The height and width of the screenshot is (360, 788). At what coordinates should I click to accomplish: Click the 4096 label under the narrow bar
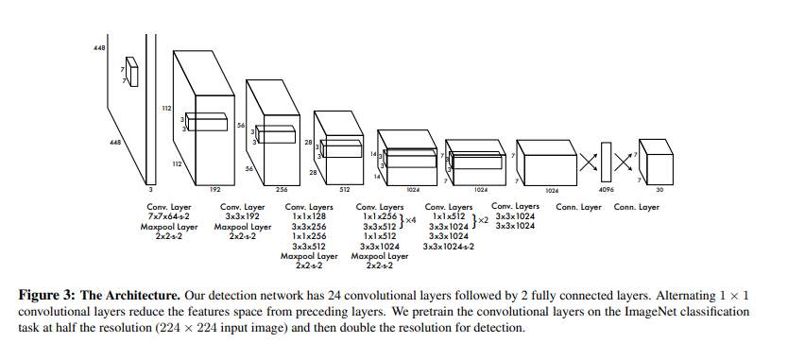click(x=606, y=190)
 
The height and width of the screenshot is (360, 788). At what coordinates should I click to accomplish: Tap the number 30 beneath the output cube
click(x=660, y=190)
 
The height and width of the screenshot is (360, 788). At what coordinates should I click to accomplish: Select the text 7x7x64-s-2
click(x=169, y=216)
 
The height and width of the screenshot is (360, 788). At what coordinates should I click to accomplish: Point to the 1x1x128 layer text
click(x=309, y=216)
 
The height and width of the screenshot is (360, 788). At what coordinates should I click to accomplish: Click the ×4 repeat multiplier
click(x=411, y=220)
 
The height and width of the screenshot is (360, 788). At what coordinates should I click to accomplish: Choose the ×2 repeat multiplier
click(x=483, y=220)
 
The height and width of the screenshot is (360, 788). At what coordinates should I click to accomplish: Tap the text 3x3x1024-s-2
click(x=449, y=247)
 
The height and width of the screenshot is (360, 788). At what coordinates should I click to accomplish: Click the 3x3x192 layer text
click(x=242, y=216)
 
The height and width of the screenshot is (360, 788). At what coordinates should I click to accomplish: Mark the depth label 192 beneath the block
click(x=215, y=190)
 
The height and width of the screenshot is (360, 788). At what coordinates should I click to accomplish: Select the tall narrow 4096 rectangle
click(x=606, y=162)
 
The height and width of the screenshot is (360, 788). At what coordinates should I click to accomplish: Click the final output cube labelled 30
click(x=657, y=163)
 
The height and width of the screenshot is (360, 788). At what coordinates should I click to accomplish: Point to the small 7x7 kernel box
click(x=131, y=72)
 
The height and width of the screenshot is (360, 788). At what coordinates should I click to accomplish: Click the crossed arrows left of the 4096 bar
click(x=589, y=162)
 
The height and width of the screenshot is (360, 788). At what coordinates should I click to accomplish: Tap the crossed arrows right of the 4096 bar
click(x=624, y=162)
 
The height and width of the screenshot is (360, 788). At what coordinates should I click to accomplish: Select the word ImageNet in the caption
click(x=648, y=312)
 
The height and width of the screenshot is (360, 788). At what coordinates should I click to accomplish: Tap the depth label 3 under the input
click(x=151, y=190)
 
